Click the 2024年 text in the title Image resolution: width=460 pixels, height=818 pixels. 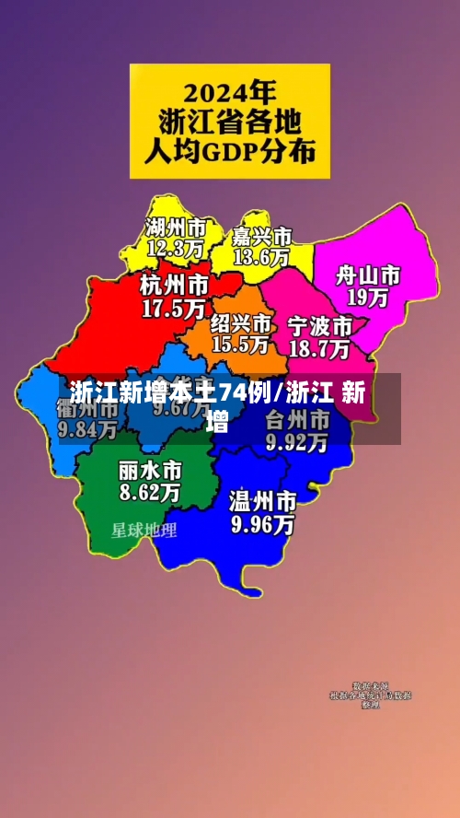tap(230, 92)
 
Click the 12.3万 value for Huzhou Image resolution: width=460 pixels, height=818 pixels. tap(175, 247)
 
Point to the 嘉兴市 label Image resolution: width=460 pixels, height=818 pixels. tap(262, 237)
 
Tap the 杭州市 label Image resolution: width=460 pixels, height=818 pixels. tap(174, 284)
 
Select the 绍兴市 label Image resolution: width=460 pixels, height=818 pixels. tap(241, 323)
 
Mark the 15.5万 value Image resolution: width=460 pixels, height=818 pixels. tap(240, 345)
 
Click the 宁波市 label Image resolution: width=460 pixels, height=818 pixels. tap(319, 326)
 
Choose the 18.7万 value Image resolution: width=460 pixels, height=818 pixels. tap(319, 348)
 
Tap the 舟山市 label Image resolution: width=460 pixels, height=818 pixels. tap(367, 275)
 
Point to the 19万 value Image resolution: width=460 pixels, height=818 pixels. tap(367, 298)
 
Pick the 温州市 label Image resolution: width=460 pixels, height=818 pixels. tap(262, 502)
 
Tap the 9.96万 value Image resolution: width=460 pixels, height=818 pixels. tap(262, 525)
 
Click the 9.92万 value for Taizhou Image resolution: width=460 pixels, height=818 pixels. tap(296, 443)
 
